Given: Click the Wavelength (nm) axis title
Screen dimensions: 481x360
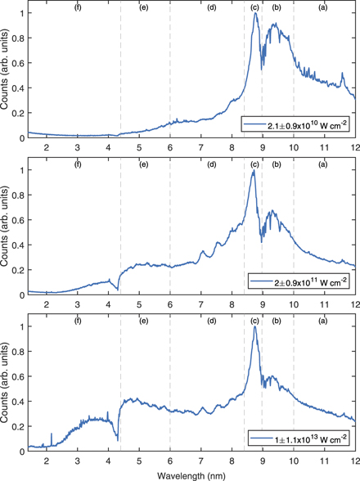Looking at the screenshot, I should pyautogui.click(x=191, y=474).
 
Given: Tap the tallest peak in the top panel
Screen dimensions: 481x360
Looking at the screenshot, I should pyautogui.click(x=255, y=13).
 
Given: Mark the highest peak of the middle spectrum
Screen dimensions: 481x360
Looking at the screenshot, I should pyautogui.click(x=254, y=170).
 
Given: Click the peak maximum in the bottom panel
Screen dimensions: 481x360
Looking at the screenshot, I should pyautogui.click(x=254, y=326).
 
